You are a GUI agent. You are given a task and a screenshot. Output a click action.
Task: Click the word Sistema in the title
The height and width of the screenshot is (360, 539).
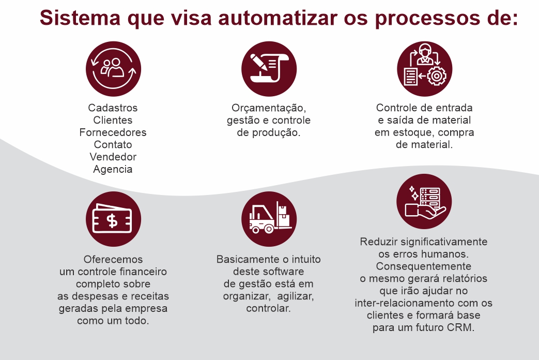80,18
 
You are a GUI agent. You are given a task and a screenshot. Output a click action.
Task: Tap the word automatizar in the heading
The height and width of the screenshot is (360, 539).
278,18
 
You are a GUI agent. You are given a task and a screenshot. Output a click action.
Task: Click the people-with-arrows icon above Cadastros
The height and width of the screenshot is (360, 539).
114,69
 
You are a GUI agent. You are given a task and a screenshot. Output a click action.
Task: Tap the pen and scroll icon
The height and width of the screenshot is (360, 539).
269,69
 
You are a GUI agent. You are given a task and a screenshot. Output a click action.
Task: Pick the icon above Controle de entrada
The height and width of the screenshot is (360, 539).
424,69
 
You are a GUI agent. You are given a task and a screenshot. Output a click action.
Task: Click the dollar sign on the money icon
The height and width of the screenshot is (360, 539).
112,221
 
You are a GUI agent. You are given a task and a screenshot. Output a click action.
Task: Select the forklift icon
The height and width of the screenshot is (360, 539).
269,219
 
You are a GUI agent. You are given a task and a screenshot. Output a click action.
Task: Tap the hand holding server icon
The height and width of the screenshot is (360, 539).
424,201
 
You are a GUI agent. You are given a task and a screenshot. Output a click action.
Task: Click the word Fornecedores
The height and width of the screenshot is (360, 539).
113,132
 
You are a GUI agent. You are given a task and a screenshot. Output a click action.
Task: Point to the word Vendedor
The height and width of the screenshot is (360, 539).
113,157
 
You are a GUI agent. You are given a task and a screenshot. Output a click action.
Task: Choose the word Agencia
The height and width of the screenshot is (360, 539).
113,169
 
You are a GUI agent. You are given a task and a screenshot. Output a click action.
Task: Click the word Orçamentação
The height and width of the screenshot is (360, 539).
269,109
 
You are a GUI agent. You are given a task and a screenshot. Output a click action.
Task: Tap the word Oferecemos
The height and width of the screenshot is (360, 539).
113,260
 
